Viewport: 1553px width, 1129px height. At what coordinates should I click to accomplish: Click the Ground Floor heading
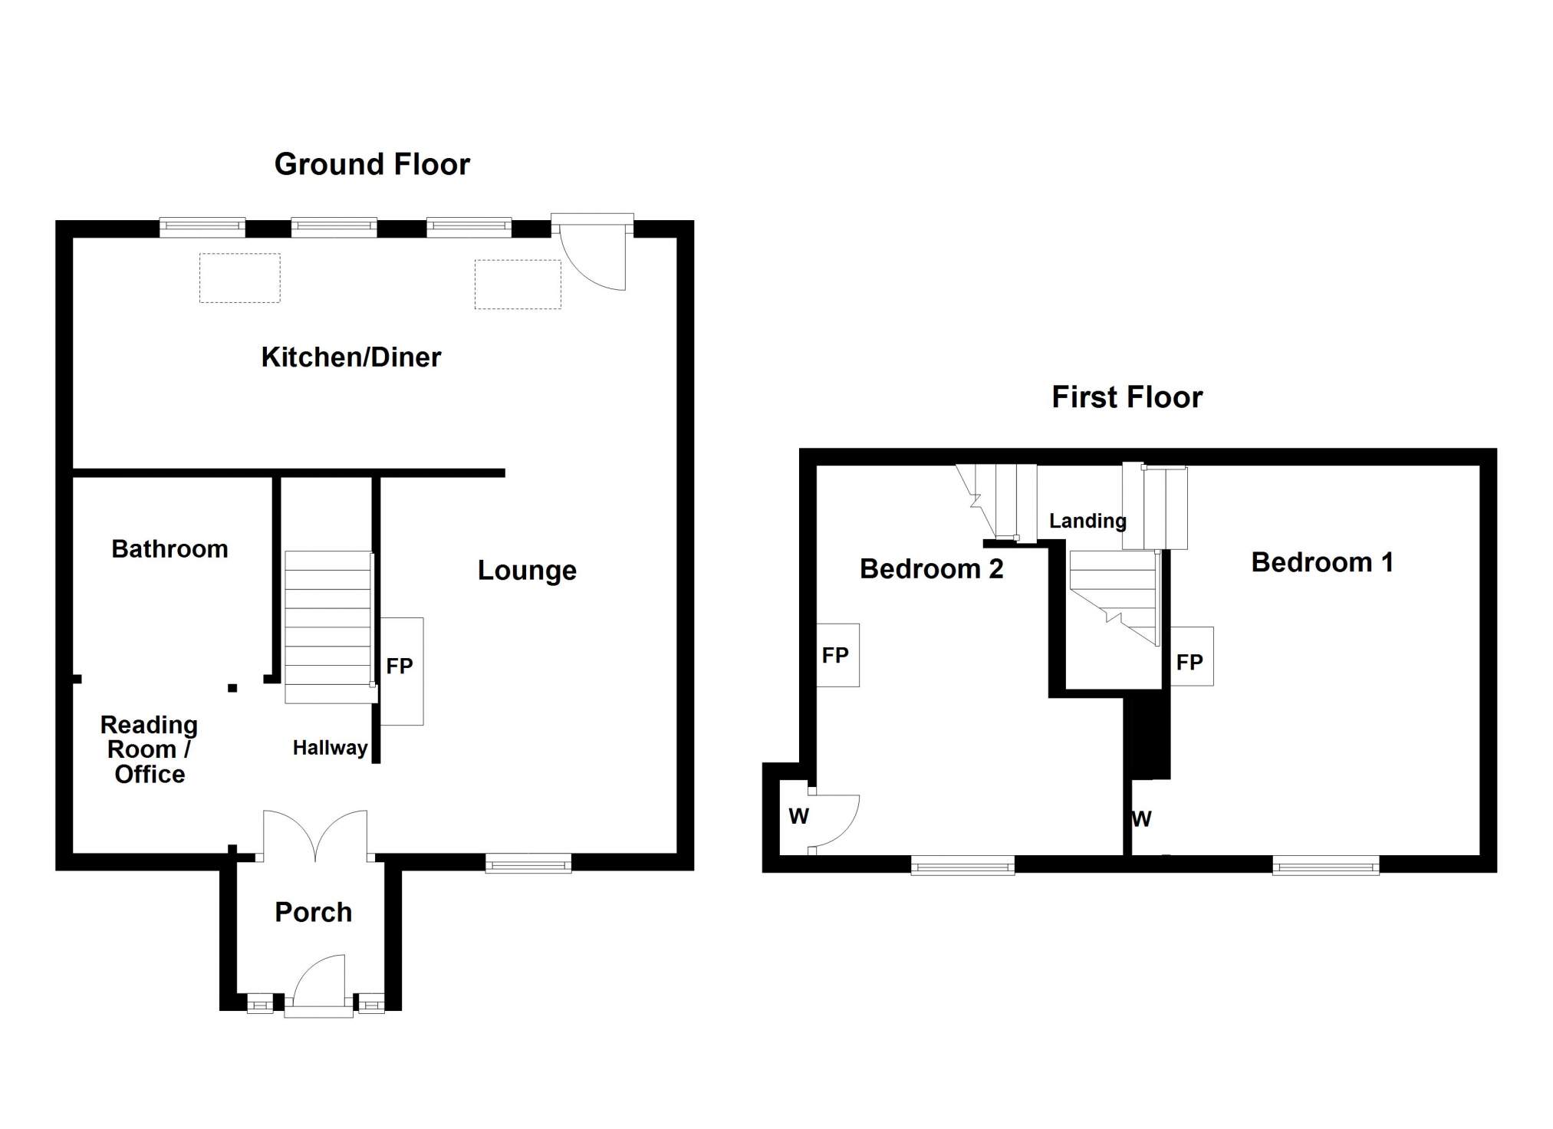pyautogui.click(x=372, y=164)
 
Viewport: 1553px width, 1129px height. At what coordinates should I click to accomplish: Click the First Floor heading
pyautogui.click(x=1127, y=397)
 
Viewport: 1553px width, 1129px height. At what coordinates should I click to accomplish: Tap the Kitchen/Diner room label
pyautogui.click(x=351, y=357)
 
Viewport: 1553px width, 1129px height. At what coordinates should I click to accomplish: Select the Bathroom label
pyautogui.click(x=169, y=549)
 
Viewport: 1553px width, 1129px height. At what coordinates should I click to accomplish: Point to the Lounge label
pyautogui.click(x=527, y=571)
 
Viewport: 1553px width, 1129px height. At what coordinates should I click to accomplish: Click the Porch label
pyautogui.click(x=313, y=912)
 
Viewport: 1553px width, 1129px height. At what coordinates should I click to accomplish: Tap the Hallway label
pyautogui.click(x=330, y=748)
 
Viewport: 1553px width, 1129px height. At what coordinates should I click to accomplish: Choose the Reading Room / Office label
pyautogui.click(x=149, y=749)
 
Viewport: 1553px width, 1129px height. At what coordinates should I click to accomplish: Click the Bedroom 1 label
pyautogui.click(x=1322, y=562)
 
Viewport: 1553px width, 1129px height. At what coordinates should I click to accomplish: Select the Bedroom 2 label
pyautogui.click(x=931, y=569)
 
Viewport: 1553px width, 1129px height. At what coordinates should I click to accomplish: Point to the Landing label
pyautogui.click(x=1087, y=522)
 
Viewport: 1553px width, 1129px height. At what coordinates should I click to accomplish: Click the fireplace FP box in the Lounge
pyautogui.click(x=401, y=671)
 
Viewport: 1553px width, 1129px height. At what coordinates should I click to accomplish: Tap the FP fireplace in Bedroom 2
pyautogui.click(x=837, y=655)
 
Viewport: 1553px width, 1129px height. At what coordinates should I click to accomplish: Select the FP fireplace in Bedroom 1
pyautogui.click(x=1191, y=657)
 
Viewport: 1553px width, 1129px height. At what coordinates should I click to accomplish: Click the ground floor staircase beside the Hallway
pyautogui.click(x=330, y=627)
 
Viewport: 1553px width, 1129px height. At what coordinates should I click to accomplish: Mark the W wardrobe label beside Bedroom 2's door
pyautogui.click(x=798, y=816)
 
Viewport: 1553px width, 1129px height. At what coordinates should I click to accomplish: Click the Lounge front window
pyautogui.click(x=528, y=864)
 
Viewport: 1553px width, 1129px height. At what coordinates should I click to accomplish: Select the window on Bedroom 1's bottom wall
pyautogui.click(x=1326, y=866)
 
